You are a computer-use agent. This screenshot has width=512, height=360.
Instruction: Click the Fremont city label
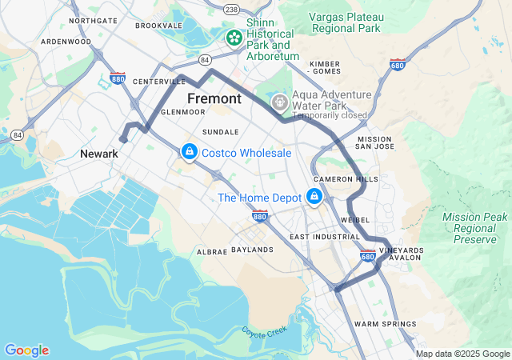point(214,98)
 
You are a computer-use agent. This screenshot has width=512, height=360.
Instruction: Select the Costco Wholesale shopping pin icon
point(189,151)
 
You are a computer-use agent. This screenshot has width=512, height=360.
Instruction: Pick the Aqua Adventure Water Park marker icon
point(279,102)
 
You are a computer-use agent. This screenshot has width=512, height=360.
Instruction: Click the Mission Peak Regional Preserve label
point(474,228)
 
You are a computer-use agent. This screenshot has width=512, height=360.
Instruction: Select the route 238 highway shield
point(231,9)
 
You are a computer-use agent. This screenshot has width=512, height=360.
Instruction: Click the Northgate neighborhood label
point(93,20)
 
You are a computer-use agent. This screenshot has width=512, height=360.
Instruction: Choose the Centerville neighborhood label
point(159,82)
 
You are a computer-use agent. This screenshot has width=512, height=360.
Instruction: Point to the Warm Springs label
point(385,324)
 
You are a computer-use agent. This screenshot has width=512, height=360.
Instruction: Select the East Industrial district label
point(325,237)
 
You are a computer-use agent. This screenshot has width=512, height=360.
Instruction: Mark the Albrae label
point(212,251)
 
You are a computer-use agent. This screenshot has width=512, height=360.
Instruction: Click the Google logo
point(26,350)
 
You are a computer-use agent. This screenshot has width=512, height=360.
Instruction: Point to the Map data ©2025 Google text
point(462,354)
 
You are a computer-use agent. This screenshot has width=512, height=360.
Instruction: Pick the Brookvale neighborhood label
point(159,26)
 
